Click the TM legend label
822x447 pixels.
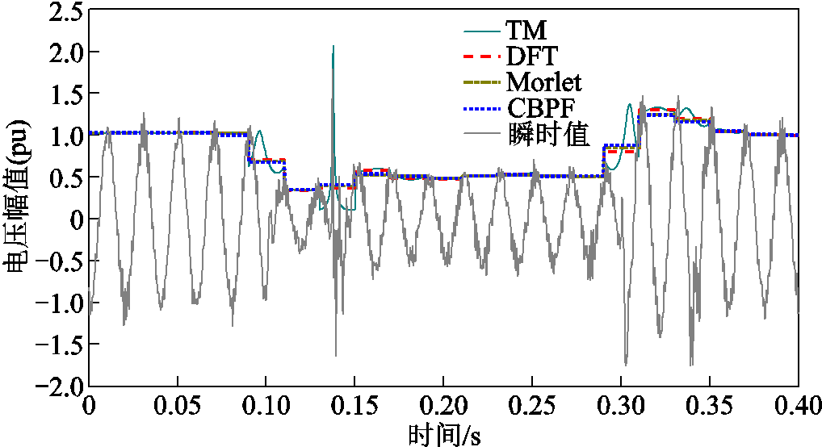tap(526, 31)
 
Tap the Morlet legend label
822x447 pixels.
tap(544, 81)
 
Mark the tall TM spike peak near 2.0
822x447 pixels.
tap(333, 47)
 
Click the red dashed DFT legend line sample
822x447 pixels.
tap(482, 56)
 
